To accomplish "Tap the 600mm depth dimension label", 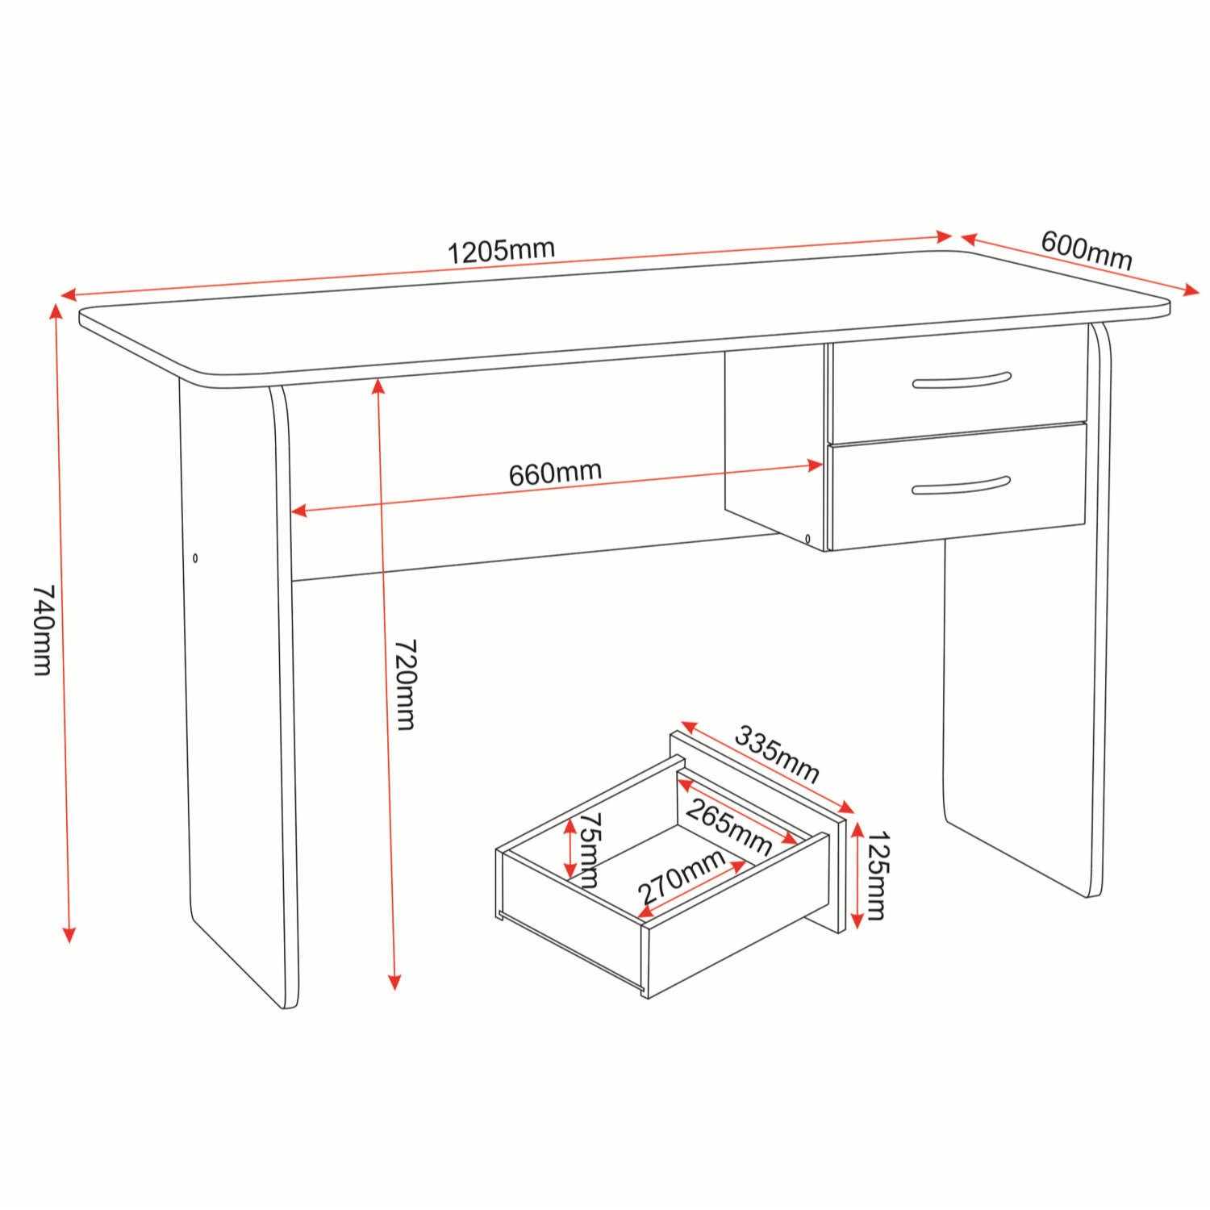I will click(1087, 250).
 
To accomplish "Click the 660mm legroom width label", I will click(555, 473).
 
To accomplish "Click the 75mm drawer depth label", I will click(592, 850).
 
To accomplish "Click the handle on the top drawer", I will click(961, 381).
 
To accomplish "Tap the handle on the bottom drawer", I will click(961, 485).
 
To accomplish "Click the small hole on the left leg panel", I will click(196, 557).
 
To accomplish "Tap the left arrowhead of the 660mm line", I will click(298, 511).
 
